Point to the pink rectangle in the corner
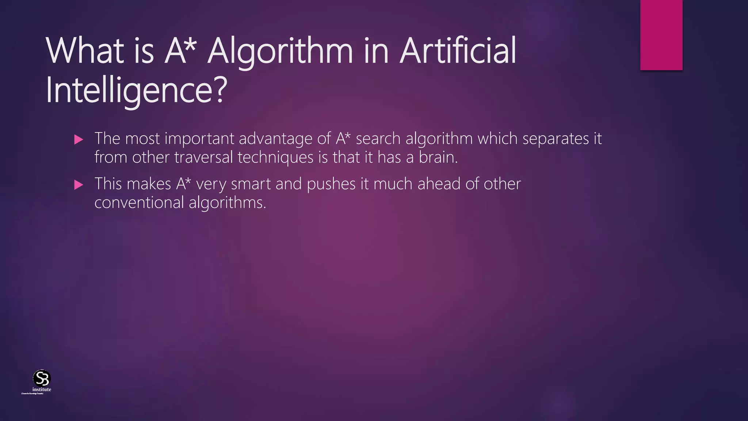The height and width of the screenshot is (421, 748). click(661, 35)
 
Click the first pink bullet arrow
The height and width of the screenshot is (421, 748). click(79, 140)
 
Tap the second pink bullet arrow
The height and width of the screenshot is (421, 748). click(79, 185)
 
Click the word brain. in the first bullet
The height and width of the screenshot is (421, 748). click(438, 158)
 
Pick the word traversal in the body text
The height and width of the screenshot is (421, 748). click(203, 158)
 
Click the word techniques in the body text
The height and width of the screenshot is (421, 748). click(275, 158)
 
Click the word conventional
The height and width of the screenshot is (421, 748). click(139, 203)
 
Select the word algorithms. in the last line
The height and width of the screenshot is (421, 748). click(228, 203)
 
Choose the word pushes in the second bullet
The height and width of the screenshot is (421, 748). click(331, 184)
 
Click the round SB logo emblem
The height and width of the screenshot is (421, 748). click(42, 378)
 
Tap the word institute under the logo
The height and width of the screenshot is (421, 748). click(42, 390)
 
